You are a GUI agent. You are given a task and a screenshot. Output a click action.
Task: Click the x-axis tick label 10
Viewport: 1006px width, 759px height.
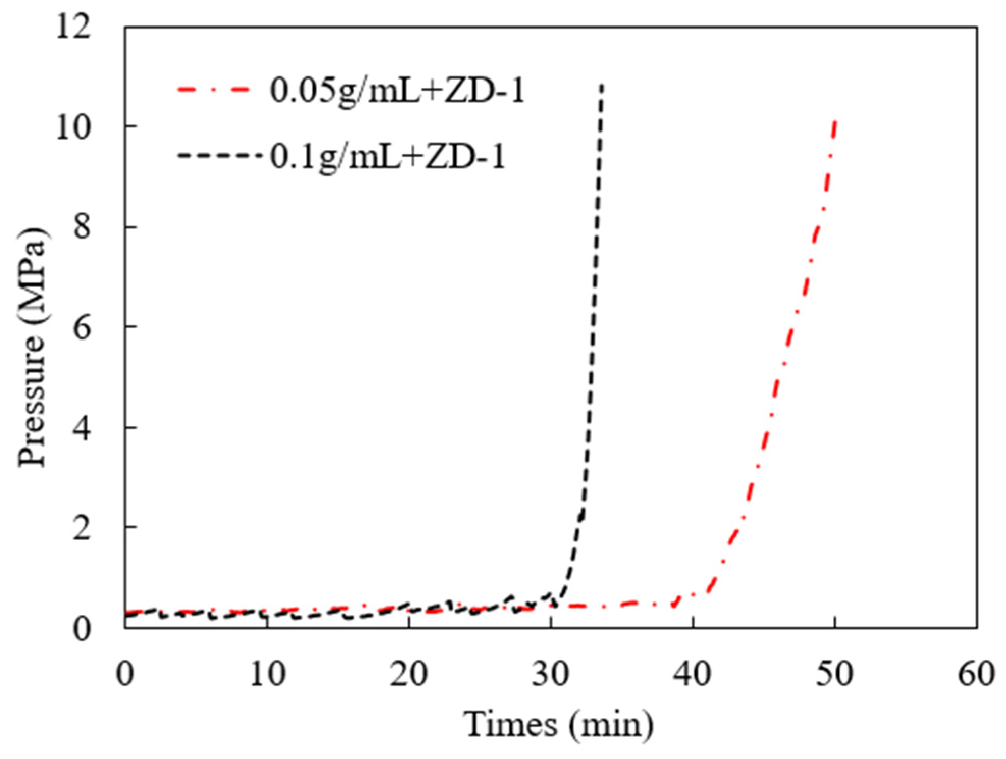[x=267, y=674]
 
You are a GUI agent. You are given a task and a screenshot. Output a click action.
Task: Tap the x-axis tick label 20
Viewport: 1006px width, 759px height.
[x=409, y=674]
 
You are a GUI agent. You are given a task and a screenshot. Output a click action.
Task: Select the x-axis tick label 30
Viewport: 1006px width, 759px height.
[x=550, y=674]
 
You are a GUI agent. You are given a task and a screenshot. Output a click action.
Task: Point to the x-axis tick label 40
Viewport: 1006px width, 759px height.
[x=693, y=674]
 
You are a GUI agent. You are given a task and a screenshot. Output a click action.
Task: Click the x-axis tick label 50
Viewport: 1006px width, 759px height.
[x=834, y=674]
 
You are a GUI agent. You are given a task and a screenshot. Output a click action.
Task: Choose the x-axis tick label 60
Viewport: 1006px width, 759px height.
[x=976, y=674]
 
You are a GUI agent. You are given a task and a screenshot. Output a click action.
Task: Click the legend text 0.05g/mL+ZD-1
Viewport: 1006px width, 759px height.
[x=396, y=91]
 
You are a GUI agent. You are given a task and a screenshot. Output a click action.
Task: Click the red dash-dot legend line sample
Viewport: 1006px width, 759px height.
[x=214, y=90]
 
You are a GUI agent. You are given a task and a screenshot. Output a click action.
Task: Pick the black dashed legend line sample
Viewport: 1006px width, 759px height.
[x=219, y=154]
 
